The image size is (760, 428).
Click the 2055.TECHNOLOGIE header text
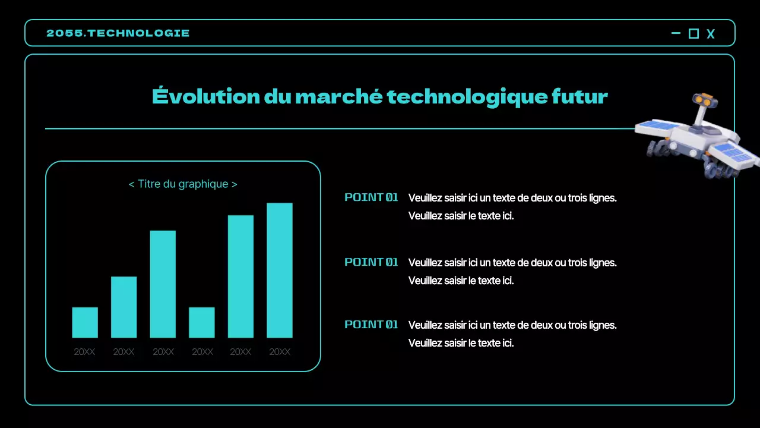click(x=118, y=33)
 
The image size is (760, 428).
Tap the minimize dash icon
click(x=676, y=33)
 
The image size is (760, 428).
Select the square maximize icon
click(x=693, y=34)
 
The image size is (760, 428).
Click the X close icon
click(x=711, y=34)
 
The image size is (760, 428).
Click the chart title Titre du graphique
click(x=183, y=184)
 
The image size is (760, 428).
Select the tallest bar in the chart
click(x=280, y=270)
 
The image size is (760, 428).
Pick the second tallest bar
click(x=240, y=276)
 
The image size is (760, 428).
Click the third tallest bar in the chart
click(x=163, y=284)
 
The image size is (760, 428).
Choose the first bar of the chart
click(x=85, y=322)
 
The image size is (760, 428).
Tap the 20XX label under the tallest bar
click(x=280, y=352)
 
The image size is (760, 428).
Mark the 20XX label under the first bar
click(x=84, y=352)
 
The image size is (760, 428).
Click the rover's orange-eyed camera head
click(x=706, y=101)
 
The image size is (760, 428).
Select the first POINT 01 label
click(x=371, y=197)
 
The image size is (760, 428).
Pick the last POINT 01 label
click(x=371, y=325)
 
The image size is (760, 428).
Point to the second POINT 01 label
click(x=371, y=262)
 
